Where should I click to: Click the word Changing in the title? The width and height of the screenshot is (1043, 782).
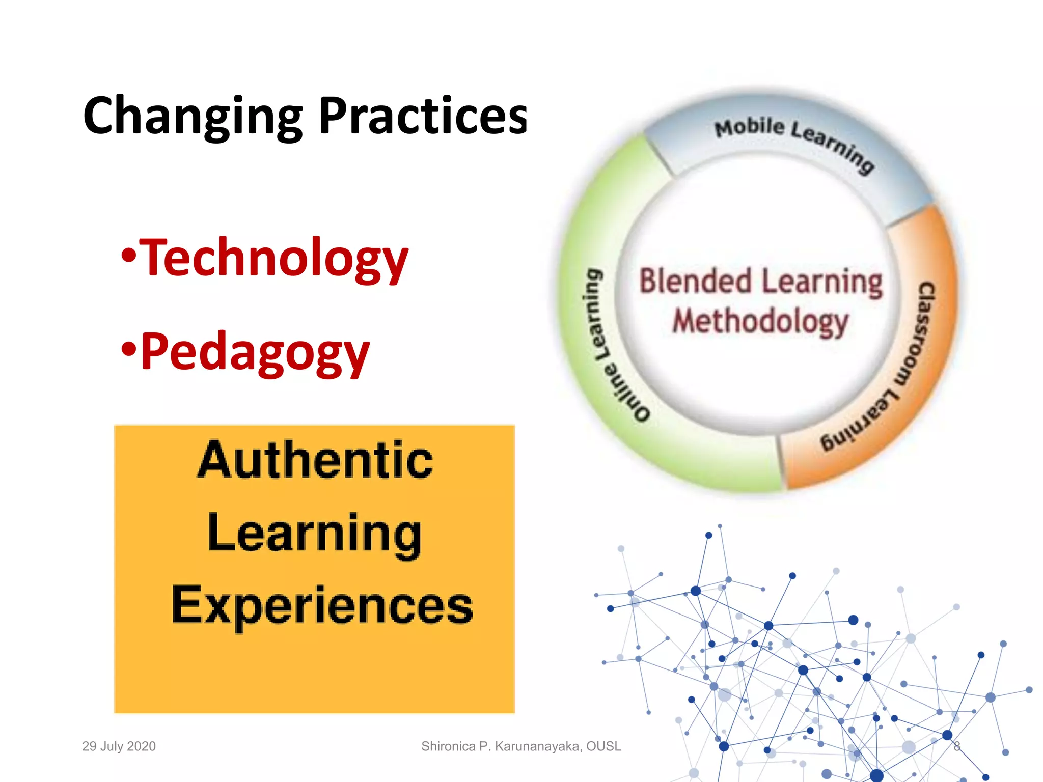click(193, 117)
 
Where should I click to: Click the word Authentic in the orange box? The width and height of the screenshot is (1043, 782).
click(315, 460)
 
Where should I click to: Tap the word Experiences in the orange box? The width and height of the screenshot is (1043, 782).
click(322, 605)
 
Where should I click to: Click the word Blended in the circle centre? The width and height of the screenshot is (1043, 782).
click(696, 282)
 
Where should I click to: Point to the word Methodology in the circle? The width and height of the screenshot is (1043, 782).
click(760, 322)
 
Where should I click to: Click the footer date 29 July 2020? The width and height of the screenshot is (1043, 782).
click(119, 746)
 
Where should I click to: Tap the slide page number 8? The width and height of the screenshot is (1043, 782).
click(957, 746)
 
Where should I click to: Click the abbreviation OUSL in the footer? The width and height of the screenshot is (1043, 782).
click(603, 746)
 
